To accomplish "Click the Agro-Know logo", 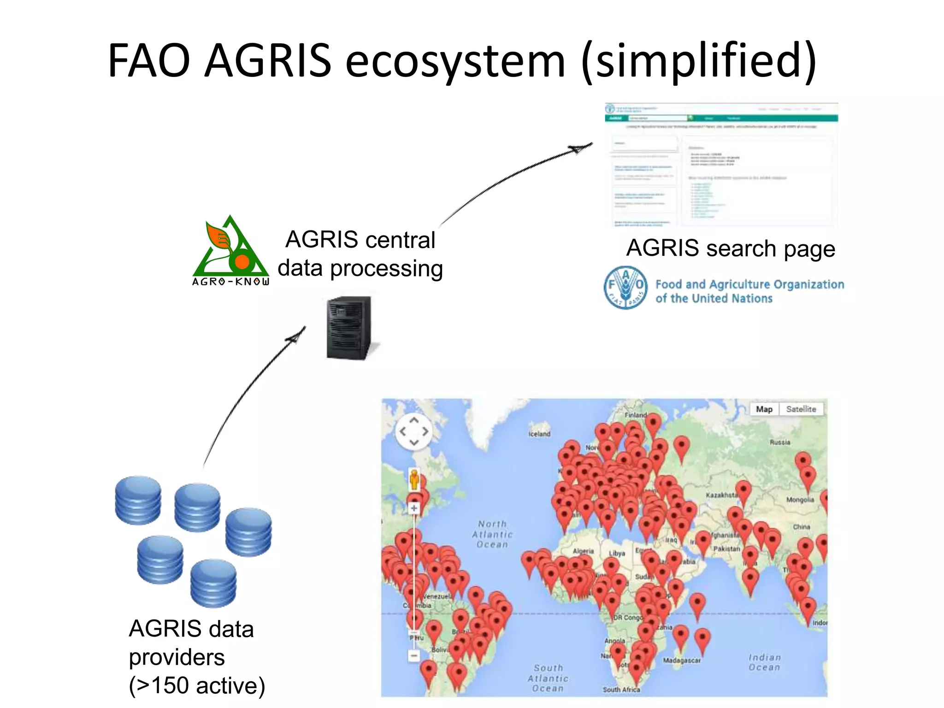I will pyautogui.click(x=230, y=251).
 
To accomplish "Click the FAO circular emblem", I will pyautogui.click(x=625, y=288).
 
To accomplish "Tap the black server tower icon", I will pyautogui.click(x=349, y=328).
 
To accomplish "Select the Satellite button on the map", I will pyautogui.click(x=801, y=409).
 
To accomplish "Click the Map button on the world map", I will pyautogui.click(x=764, y=409).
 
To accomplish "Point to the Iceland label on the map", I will pyautogui.click(x=539, y=434).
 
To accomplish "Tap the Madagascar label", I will pyautogui.click(x=682, y=661).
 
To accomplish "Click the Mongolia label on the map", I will pyautogui.click(x=800, y=500).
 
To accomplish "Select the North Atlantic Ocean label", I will pyautogui.click(x=492, y=534).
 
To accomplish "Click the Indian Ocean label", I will pyautogui.click(x=764, y=662).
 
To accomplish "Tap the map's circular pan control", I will pyautogui.click(x=413, y=431).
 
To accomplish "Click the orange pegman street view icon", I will pyautogui.click(x=414, y=479).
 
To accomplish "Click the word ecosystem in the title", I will pyautogui.click(x=455, y=60).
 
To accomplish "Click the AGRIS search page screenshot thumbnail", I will pyautogui.click(x=721, y=165).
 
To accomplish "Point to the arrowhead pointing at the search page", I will pyautogui.click(x=580, y=148).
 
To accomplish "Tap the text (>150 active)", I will pyautogui.click(x=197, y=685).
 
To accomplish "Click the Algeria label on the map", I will pyautogui.click(x=583, y=551).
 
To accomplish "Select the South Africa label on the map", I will pyautogui.click(x=621, y=690).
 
